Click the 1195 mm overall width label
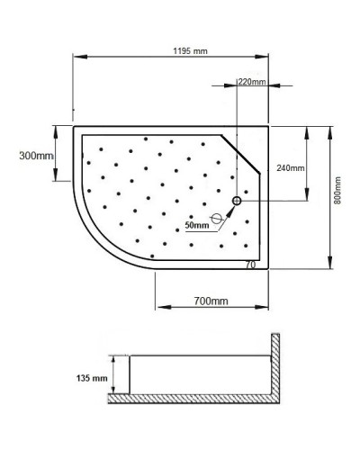click(x=192, y=51)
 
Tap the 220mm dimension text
click(x=251, y=82)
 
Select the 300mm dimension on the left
click(x=37, y=155)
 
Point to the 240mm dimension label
click(x=291, y=168)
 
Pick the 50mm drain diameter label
click(x=195, y=225)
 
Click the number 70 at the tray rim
click(x=251, y=265)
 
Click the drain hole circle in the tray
click(x=238, y=202)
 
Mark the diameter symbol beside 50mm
click(x=216, y=219)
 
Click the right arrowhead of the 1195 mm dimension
click(x=273, y=58)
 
